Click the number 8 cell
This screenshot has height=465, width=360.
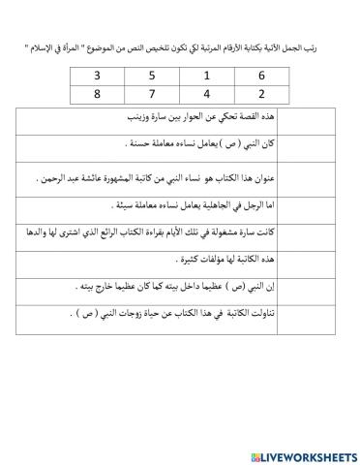tap(97, 95)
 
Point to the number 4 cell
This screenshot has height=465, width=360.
tap(207, 95)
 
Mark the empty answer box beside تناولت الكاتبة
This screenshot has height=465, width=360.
tap(44, 313)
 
